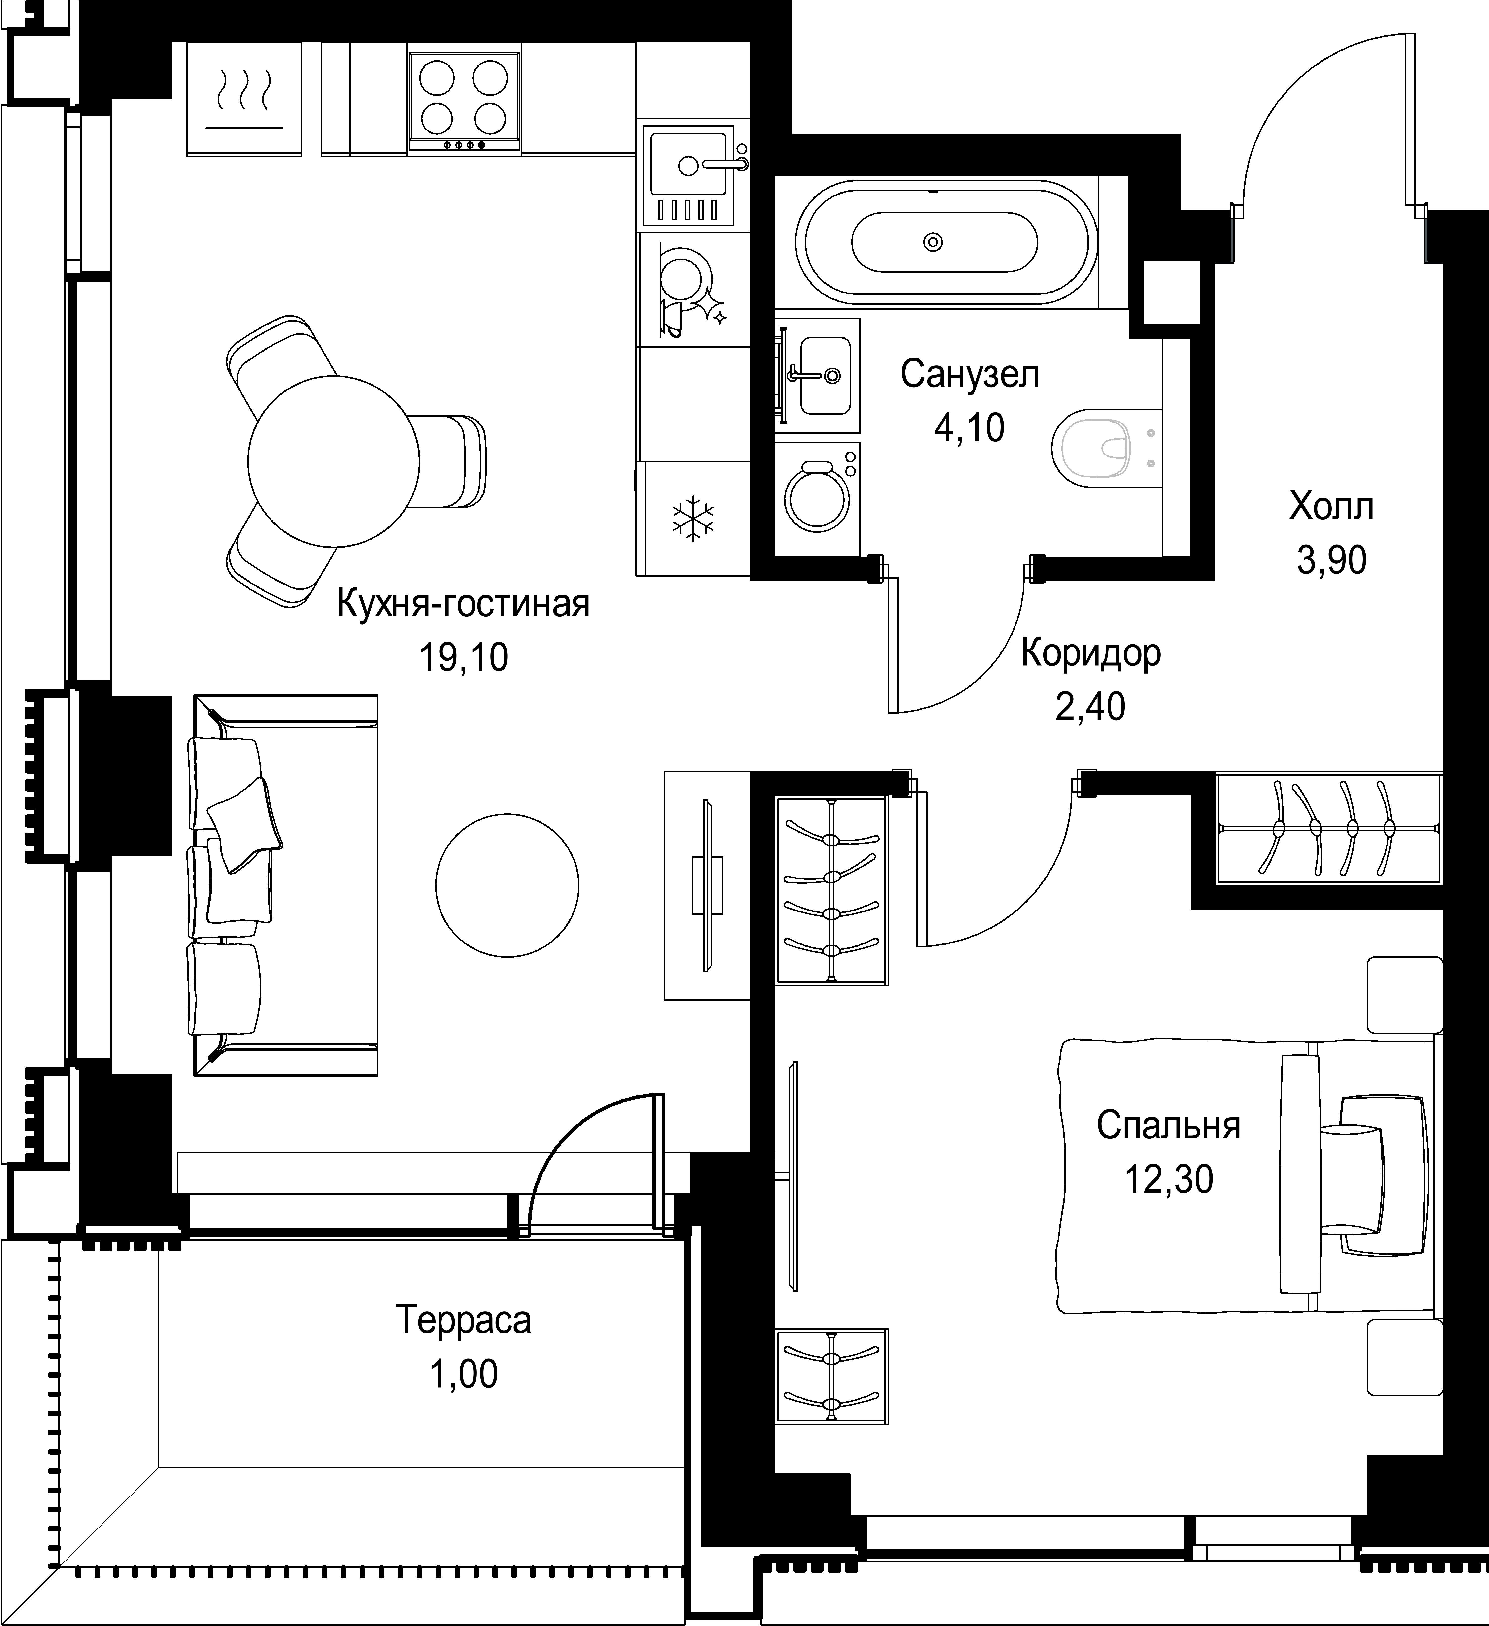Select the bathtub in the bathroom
945,241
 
